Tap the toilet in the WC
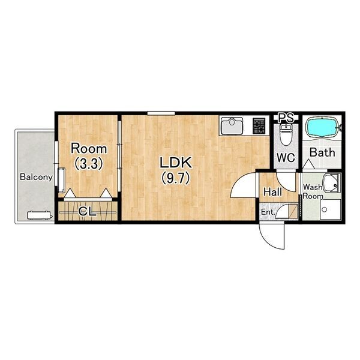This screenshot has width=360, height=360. (286, 134)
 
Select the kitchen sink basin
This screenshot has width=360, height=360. (232, 126)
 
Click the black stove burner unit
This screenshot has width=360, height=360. (259, 126)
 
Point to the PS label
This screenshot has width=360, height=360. (286, 118)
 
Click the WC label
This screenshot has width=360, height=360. (286, 157)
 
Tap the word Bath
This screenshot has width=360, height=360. (322, 152)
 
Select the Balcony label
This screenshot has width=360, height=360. (36, 177)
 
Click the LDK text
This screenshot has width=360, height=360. (176, 163)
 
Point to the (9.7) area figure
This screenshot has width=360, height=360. (176, 178)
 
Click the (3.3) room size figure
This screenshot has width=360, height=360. (89, 164)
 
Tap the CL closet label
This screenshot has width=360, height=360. (87, 211)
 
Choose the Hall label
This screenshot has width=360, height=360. (272, 192)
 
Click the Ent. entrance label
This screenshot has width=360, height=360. (268, 212)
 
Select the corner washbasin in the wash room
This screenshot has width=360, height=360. (332, 182)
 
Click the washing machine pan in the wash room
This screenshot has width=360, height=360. (331, 209)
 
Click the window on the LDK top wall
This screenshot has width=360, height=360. (161, 113)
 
